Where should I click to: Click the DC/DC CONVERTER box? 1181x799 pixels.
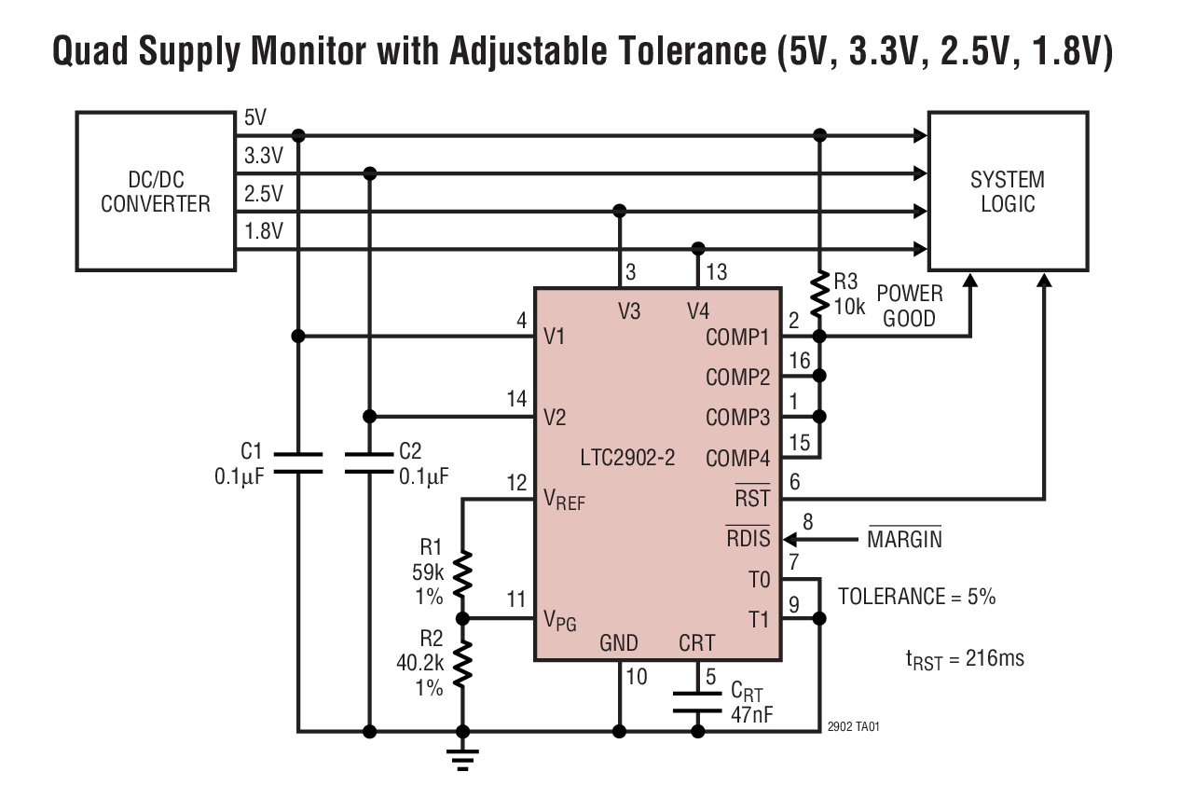[156, 191]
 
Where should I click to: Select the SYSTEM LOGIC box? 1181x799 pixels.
[1007, 191]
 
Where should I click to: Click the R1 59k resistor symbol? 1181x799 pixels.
[462, 575]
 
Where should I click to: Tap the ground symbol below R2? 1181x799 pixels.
[462, 757]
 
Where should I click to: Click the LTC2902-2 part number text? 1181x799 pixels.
[626, 459]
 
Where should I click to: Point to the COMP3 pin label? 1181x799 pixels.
[737, 418]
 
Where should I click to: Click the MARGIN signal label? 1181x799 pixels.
[904, 540]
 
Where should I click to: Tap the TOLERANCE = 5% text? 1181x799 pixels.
[916, 598]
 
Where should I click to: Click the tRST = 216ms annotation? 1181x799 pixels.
[964, 659]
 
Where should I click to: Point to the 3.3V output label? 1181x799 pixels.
[263, 157]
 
